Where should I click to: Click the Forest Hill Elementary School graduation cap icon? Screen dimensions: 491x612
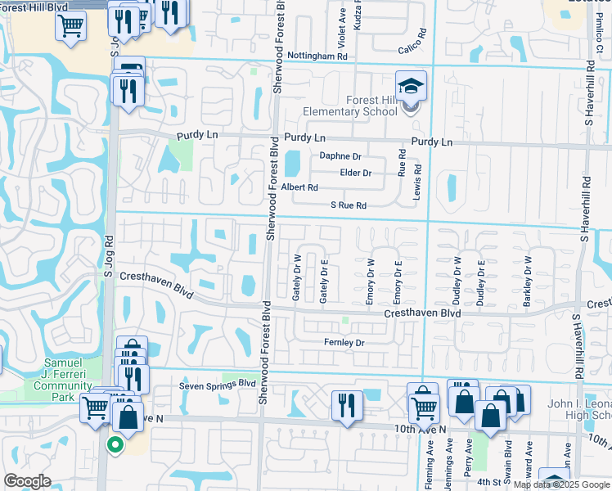[x=411, y=86]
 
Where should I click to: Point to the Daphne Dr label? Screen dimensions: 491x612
[x=340, y=155]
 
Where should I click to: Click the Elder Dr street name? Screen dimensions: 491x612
[x=356, y=173]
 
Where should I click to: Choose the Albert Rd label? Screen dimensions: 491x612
[x=299, y=187]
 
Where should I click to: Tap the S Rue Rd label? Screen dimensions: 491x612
[x=348, y=205]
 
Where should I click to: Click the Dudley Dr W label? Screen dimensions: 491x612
[x=457, y=280]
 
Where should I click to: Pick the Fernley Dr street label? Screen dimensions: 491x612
[x=344, y=342]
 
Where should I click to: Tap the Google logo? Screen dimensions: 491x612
[x=27, y=481]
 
